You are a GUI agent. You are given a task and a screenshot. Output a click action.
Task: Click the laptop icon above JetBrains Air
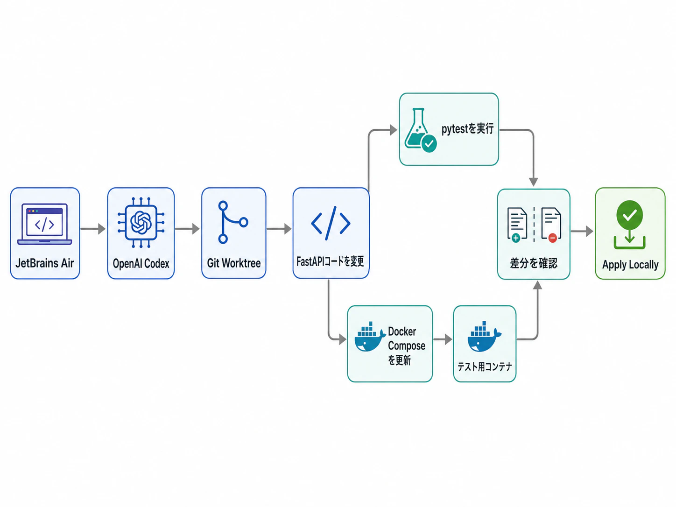(x=45, y=224)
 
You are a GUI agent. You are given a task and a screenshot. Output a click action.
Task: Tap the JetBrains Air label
(x=45, y=263)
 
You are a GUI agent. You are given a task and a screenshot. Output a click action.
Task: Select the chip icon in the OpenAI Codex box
(x=141, y=223)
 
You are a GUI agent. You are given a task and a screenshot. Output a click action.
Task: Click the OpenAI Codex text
(x=141, y=263)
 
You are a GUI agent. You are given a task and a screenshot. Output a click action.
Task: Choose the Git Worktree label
(x=234, y=263)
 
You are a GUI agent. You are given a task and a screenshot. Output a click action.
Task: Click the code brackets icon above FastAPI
(x=331, y=223)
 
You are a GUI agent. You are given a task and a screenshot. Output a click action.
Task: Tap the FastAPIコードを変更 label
(x=330, y=261)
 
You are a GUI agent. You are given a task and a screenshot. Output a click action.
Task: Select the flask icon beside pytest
(x=420, y=130)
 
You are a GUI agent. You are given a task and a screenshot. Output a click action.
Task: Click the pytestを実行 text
(x=467, y=129)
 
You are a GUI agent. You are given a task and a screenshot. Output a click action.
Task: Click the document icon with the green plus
(x=517, y=225)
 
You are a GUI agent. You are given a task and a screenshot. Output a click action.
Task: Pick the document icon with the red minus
(x=551, y=225)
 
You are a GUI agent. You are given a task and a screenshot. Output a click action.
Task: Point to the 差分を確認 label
(x=534, y=263)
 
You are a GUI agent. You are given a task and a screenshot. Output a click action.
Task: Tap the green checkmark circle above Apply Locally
(x=629, y=215)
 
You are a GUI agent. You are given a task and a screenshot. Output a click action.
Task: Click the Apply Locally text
(x=630, y=265)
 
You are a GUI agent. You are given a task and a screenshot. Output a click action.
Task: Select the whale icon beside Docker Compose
(x=370, y=337)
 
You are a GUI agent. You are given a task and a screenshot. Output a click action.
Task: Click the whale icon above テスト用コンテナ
(x=484, y=337)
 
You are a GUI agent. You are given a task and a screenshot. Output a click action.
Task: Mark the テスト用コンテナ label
(x=485, y=366)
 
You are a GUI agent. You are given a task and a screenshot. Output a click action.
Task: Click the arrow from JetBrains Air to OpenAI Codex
(x=93, y=229)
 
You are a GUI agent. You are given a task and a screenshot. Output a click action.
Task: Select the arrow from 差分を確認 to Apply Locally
(x=582, y=231)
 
